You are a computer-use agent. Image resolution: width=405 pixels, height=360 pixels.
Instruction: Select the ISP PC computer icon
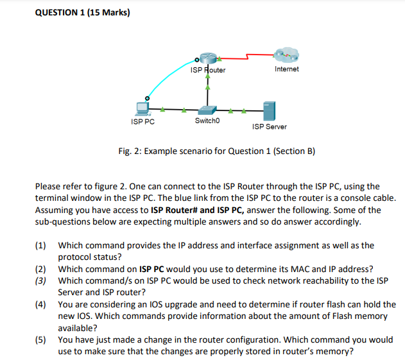click(x=141, y=108)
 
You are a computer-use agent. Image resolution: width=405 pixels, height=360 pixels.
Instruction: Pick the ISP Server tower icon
click(x=269, y=111)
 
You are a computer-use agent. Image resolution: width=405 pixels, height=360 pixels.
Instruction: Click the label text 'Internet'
click(x=286, y=69)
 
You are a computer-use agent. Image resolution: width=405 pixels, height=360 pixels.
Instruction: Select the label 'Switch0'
click(x=207, y=121)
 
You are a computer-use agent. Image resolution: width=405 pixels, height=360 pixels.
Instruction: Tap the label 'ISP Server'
click(x=270, y=127)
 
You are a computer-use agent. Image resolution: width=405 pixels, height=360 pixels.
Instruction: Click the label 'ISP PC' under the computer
click(x=142, y=121)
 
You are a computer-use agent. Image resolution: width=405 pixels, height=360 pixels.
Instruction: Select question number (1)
click(x=41, y=245)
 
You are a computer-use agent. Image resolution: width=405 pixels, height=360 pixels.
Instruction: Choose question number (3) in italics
click(x=41, y=280)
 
